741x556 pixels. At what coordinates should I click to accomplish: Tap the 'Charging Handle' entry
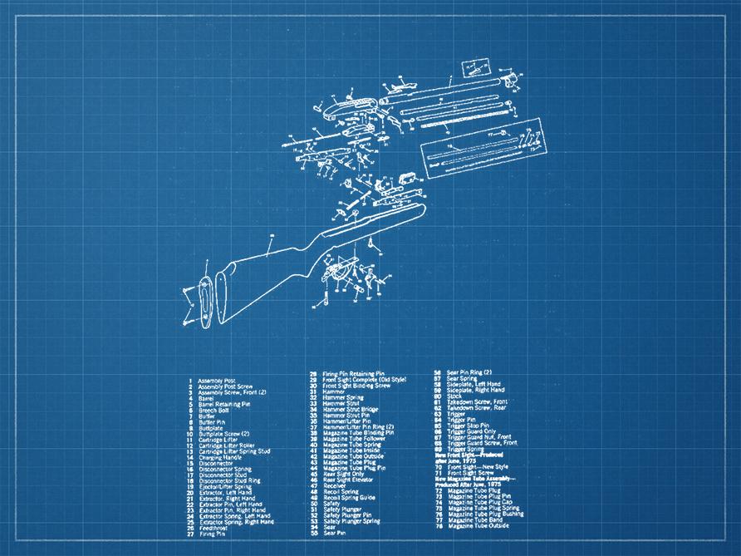(218, 456)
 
